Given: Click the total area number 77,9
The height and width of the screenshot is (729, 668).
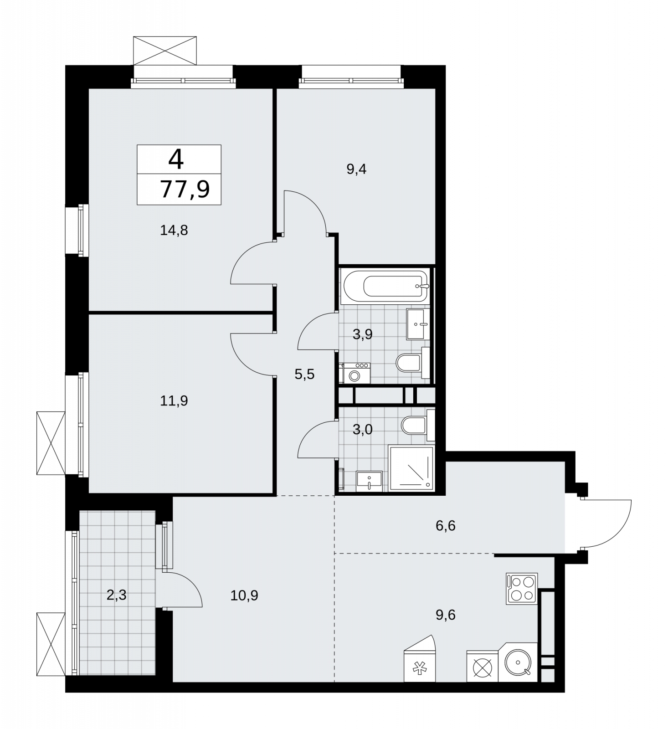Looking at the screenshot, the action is point(185,189).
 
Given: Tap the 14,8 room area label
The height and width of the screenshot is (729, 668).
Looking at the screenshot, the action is point(174,231).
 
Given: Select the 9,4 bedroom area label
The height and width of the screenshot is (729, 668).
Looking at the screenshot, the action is point(356,169).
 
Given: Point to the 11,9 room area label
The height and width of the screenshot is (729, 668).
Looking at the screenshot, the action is point(174,401).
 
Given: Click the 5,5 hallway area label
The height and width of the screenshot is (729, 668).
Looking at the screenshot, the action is point(304,375).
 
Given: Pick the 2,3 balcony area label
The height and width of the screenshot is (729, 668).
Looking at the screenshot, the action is point(116,595).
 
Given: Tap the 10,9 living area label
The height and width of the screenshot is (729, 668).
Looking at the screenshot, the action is point(244,595).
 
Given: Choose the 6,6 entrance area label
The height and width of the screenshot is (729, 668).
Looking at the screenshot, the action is point(445,526).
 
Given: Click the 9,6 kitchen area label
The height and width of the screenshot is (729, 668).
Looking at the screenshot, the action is point(445,615).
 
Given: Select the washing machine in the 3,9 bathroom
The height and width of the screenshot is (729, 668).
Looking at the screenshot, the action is point(355,373).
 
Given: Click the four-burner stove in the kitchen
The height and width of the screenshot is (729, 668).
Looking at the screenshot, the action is point(522,589).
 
